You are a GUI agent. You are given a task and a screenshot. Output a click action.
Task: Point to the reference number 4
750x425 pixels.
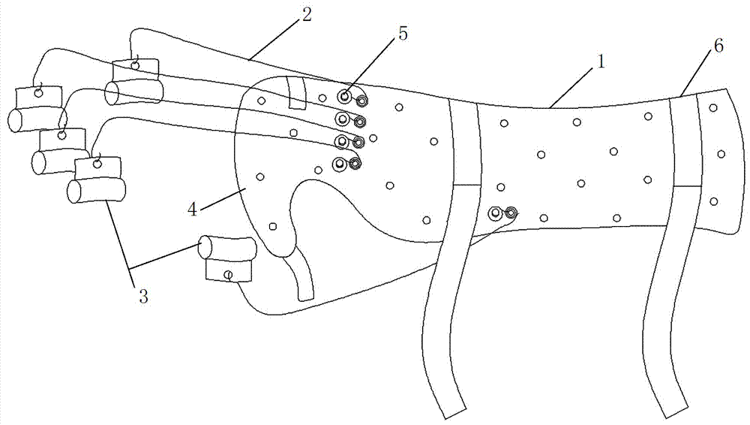192,208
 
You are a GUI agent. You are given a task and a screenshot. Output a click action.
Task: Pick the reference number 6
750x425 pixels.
718,47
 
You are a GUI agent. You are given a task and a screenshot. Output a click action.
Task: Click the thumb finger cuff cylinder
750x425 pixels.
226,249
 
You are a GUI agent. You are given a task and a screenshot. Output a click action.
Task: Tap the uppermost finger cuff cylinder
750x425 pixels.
133,92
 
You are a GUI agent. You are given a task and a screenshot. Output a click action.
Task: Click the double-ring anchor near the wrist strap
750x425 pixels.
502,215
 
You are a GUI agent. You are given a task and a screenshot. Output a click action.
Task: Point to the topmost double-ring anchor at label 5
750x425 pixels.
352,98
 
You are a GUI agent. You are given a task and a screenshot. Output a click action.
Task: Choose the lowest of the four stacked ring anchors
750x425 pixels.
347,164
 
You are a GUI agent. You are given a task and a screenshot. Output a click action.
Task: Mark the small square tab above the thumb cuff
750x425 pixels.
228,272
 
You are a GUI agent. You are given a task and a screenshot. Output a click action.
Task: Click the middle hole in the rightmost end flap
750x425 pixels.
721,154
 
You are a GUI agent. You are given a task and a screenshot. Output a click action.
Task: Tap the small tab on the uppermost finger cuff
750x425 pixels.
136,68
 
